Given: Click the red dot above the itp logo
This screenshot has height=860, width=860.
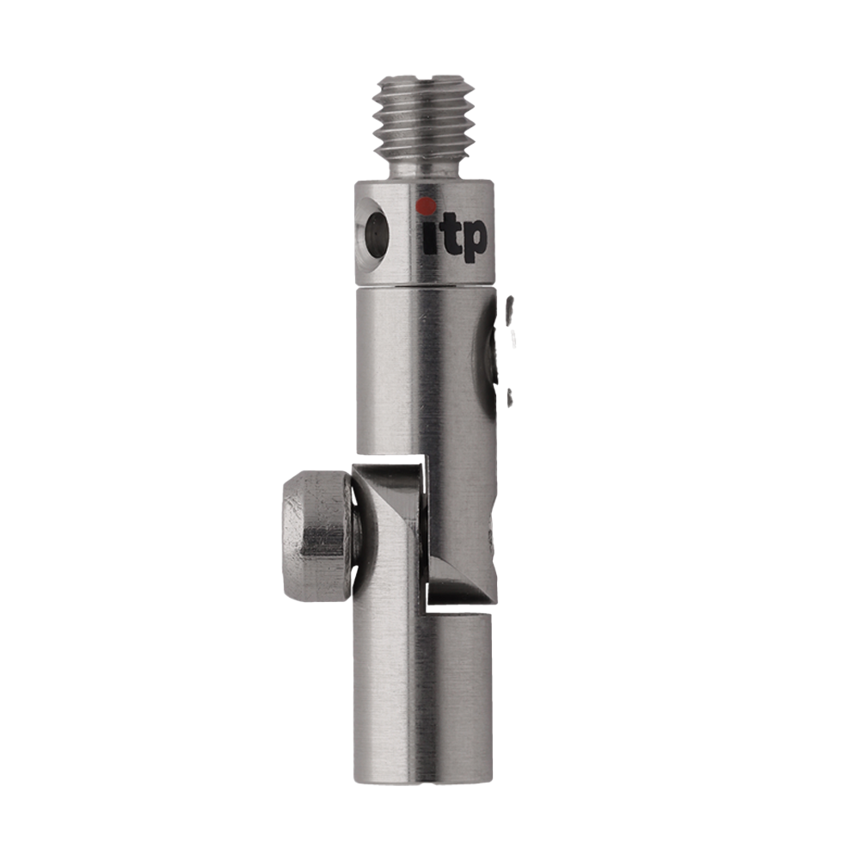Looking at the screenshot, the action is click(427, 206).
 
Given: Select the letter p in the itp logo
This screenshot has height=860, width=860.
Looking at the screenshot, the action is click(471, 240).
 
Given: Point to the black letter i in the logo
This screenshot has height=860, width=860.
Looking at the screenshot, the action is click(429, 237).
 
